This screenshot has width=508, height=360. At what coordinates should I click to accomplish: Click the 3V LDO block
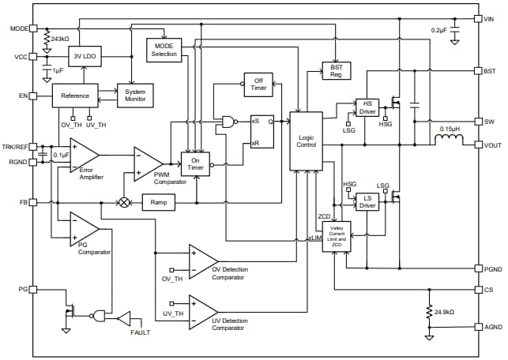pos(85,58)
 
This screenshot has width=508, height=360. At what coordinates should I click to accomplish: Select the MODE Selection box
pos(164,49)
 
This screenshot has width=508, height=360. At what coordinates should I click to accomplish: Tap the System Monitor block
pos(135,95)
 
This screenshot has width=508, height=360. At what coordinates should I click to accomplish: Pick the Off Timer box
pos(258,84)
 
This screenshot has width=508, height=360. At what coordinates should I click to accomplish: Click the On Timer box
pos(196,164)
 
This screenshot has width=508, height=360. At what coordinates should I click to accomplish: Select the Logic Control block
pos(306,140)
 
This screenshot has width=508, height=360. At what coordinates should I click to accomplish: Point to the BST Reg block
pos(335,71)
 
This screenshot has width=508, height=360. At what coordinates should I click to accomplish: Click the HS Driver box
pos(367,107)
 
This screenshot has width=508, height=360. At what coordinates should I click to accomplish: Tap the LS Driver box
pos(367,202)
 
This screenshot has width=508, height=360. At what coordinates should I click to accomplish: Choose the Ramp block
pos(159,202)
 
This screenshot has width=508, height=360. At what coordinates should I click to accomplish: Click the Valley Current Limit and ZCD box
pos(336,236)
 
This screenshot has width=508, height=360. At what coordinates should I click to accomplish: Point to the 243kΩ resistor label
pos(59,39)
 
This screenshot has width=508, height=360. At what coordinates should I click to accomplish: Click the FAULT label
pos(141,333)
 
